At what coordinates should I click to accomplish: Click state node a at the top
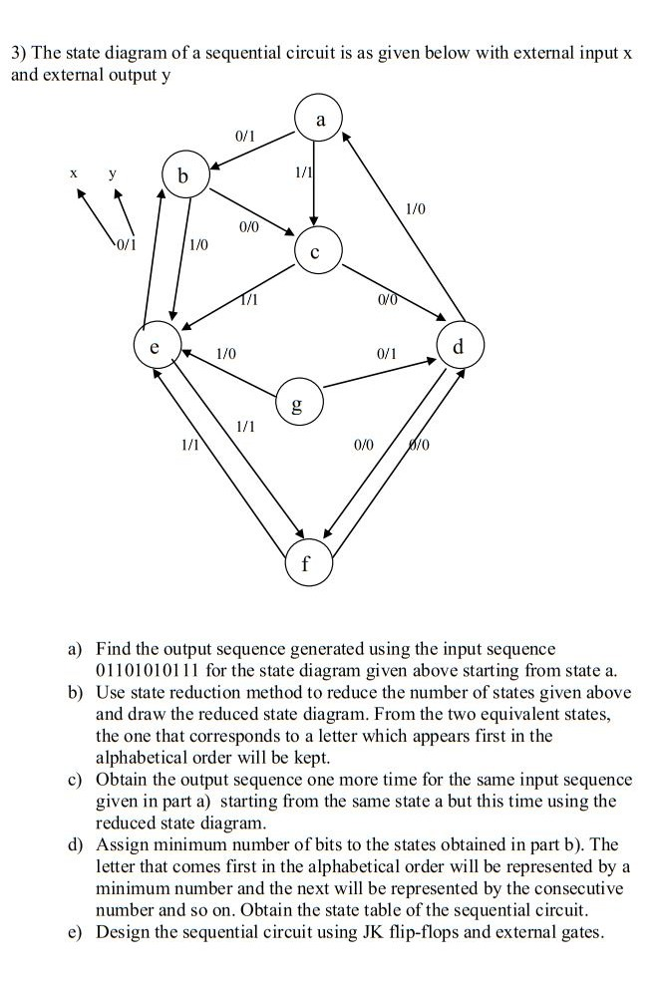pyautogui.click(x=320, y=121)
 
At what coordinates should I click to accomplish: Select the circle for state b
pyautogui.click(x=181, y=176)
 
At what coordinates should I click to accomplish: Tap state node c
pyautogui.click(x=316, y=253)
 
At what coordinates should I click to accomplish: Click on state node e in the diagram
pyautogui.click(x=153, y=350)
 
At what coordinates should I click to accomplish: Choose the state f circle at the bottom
pyautogui.click(x=305, y=560)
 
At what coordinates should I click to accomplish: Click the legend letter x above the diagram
pyautogui.click(x=73, y=172)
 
